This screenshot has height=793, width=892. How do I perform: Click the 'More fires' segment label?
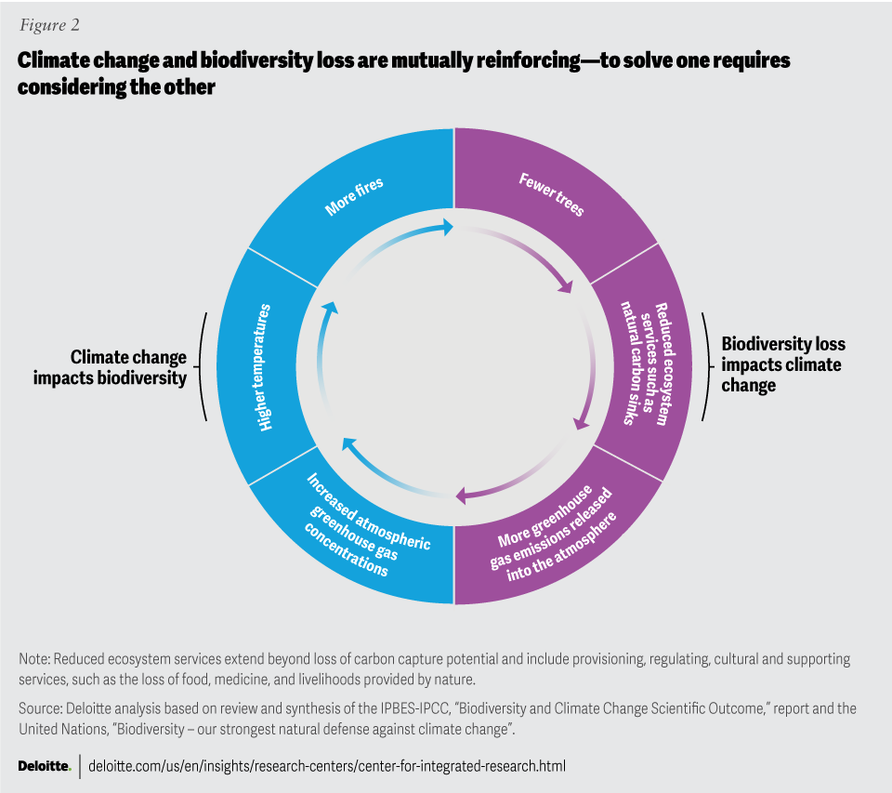[x=355, y=197]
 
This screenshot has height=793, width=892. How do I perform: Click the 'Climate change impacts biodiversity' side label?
[x=128, y=368]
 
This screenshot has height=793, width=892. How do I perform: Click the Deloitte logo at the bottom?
[x=45, y=766]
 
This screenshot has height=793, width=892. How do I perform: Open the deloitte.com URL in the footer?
[x=326, y=766]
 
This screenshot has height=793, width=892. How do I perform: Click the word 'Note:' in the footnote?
[x=34, y=659]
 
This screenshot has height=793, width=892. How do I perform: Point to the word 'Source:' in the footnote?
[x=41, y=708]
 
